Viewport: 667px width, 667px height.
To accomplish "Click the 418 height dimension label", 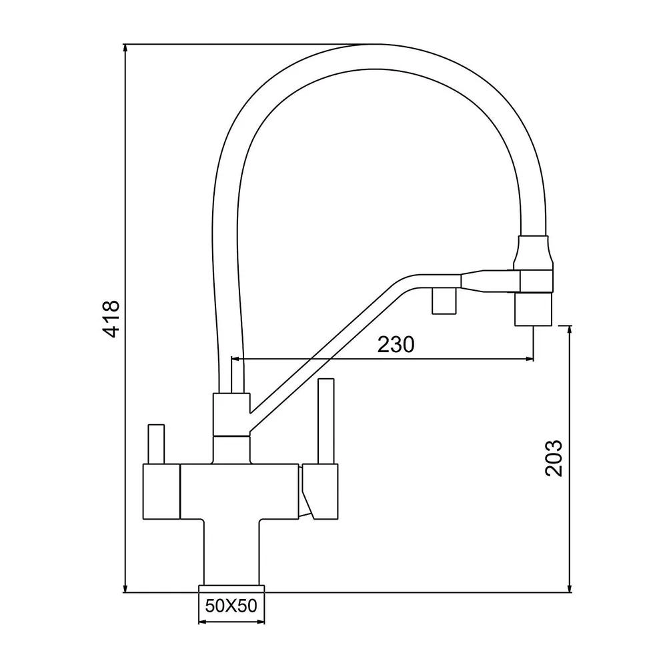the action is (111, 318).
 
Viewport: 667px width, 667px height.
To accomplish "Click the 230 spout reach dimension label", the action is (396, 344).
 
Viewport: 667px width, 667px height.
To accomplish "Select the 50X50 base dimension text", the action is (231, 606).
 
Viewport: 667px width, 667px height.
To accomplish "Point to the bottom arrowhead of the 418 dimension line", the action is (125, 588).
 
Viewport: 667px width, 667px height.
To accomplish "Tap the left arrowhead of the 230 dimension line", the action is (236, 359).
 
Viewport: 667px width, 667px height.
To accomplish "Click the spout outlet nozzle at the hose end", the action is (534, 309).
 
